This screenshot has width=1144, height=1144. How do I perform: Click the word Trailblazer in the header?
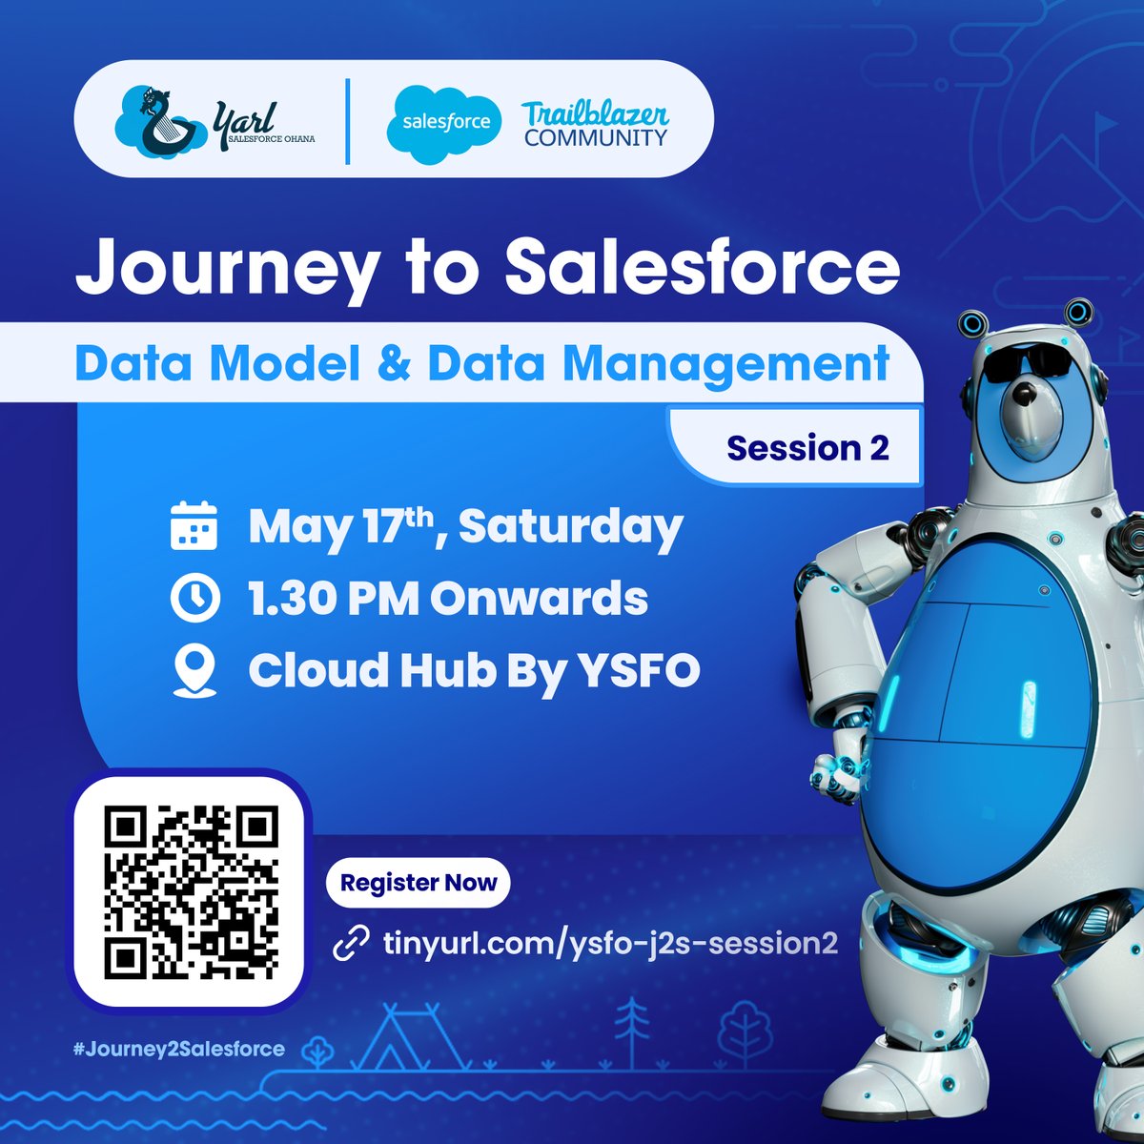click(595, 112)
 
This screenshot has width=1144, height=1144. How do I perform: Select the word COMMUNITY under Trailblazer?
click(595, 137)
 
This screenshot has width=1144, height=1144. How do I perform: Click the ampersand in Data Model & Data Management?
click(395, 363)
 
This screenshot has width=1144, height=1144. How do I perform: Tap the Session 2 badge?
click(807, 447)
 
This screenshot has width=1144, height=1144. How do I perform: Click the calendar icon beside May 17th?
click(194, 527)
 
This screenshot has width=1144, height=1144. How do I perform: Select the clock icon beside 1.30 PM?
click(194, 599)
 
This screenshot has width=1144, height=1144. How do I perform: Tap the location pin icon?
click(194, 671)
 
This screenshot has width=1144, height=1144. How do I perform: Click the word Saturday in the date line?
click(571, 527)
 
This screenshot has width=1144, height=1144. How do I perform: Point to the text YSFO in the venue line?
click(639, 671)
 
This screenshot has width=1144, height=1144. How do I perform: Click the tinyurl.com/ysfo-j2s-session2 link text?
click(610, 944)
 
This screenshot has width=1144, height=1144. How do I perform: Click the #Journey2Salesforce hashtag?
click(179, 1049)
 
